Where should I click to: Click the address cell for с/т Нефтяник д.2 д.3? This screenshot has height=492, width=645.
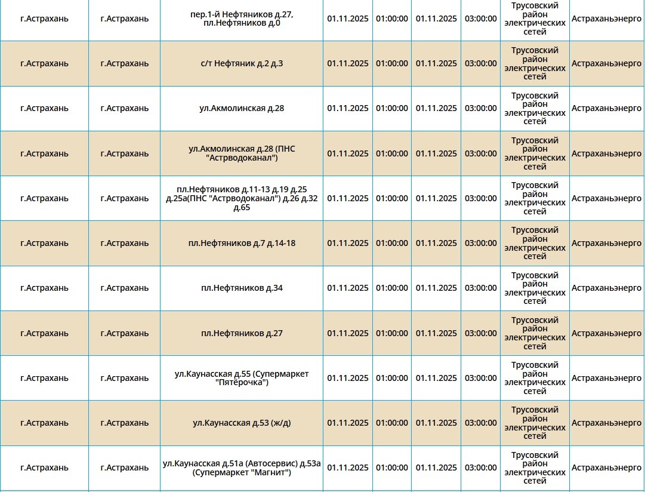pyautogui.click(x=242, y=63)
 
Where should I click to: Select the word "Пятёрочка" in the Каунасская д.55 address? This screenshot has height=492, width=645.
pyautogui.click(x=242, y=382)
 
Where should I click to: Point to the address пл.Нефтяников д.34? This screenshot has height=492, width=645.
pyautogui.click(x=242, y=288)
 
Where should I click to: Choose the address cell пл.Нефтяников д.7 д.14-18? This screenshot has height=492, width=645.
pyautogui.click(x=242, y=243)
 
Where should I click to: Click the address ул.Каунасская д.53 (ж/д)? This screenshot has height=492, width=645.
pyautogui.click(x=242, y=423)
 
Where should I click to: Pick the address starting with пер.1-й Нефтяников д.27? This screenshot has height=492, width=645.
pyautogui.click(x=242, y=19)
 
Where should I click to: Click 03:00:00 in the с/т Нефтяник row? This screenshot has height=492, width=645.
pyautogui.click(x=480, y=63)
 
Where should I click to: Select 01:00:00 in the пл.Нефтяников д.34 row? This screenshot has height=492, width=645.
pyautogui.click(x=391, y=288)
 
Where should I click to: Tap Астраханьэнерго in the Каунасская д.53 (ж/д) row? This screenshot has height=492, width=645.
pyautogui.click(x=606, y=423)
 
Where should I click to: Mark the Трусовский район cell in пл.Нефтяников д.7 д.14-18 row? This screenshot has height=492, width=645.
pyautogui.click(x=535, y=243)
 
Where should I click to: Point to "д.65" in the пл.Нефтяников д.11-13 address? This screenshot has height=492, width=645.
pyautogui.click(x=242, y=207)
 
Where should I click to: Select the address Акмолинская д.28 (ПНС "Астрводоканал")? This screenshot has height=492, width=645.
pyautogui.click(x=242, y=153)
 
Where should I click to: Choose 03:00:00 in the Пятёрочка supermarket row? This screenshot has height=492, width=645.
pyautogui.click(x=480, y=378)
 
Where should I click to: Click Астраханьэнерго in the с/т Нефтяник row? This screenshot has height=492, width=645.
pyautogui.click(x=606, y=63)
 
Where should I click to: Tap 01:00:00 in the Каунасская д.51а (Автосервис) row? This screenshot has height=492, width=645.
pyautogui.click(x=391, y=468)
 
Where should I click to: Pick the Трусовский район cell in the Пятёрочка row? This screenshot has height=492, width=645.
pyautogui.click(x=535, y=378)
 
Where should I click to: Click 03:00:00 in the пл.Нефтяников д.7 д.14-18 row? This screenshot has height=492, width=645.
pyautogui.click(x=480, y=243)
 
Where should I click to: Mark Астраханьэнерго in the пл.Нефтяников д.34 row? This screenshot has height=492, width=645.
pyautogui.click(x=606, y=288)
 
